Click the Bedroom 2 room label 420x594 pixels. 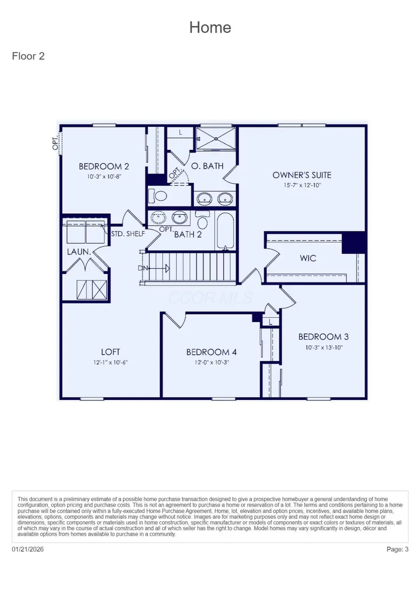coord(104,166)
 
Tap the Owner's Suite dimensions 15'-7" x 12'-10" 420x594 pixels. coord(301,185)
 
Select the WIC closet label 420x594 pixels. coord(308,258)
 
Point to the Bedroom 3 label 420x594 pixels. coord(323,336)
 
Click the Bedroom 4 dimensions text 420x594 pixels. coord(209,363)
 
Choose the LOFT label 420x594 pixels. coord(111,352)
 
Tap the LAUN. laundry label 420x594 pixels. coord(77,252)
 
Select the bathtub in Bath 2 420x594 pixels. coord(225,231)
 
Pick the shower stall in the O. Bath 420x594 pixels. coord(216,138)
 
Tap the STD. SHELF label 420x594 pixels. coord(128,233)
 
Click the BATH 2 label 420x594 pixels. coord(188,234)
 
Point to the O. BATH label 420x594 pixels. coord(207,166)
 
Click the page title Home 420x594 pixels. coord(210,28)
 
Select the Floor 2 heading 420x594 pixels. coord(28,56)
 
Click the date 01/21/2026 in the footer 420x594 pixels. coord(28,549)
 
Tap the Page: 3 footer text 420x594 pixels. coord(398,549)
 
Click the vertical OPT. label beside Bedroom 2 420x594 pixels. coord(56,142)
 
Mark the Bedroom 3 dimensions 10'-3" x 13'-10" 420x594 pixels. coord(323,348)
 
